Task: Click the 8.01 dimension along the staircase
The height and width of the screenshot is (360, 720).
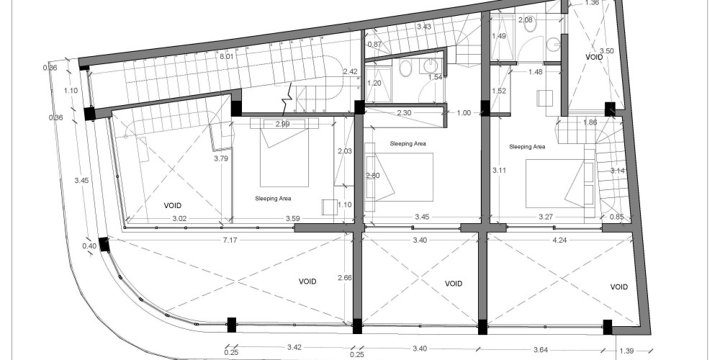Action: click(227, 56)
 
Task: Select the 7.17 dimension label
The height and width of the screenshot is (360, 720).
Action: click(230, 240)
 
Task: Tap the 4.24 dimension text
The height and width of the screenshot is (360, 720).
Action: click(560, 240)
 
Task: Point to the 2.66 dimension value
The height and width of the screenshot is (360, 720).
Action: click(345, 278)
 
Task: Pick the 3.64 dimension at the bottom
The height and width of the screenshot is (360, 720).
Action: click(541, 349)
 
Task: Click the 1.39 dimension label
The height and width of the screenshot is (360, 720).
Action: click(626, 351)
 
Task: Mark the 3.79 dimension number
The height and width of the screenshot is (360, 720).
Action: click(221, 159)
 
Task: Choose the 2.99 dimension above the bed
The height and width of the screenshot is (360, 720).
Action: click(283, 124)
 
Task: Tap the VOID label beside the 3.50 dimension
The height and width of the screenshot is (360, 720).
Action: click(594, 57)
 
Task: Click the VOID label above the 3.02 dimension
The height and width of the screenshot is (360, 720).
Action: click(173, 206)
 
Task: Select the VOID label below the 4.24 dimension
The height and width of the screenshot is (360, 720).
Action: click(619, 287)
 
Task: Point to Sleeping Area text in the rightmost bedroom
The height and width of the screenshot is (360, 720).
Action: click(527, 147)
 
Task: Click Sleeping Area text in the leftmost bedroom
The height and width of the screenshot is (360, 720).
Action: click(273, 199)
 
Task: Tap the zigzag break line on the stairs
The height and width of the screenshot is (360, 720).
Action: click(287, 99)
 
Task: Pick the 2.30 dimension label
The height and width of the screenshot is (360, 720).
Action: click(404, 112)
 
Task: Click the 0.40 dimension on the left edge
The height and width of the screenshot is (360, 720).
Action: click(89, 246)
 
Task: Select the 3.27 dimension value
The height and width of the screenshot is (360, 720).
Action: click(546, 217)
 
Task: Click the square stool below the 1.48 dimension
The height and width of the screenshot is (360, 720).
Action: click(545, 98)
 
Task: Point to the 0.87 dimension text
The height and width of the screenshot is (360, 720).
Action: click(374, 45)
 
